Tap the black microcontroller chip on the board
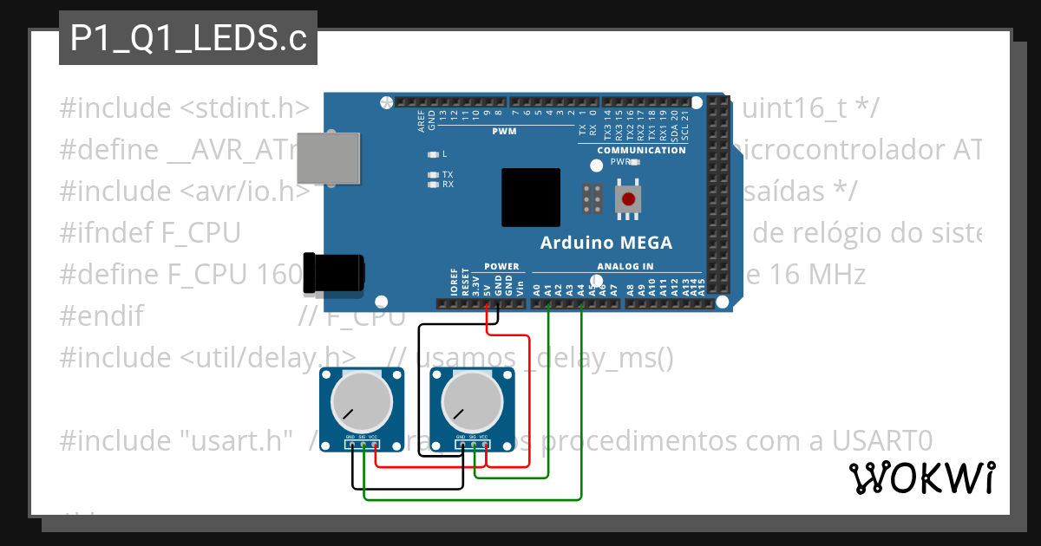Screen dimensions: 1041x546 [x=531, y=198]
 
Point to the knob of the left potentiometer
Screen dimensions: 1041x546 [x=360, y=403]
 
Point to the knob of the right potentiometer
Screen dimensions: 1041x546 [x=472, y=403]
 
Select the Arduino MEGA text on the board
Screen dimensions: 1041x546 [x=606, y=243]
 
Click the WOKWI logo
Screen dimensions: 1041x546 [x=921, y=478]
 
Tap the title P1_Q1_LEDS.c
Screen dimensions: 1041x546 [x=188, y=39]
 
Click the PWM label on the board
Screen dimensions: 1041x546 [x=503, y=132]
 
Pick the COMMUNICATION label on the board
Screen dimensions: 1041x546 [x=641, y=150]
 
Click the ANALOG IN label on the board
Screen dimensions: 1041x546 [x=625, y=266]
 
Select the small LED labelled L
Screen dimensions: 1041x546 [x=434, y=154]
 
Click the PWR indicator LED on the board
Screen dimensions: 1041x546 [x=634, y=162]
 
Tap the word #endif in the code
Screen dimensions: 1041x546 [x=101, y=315]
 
